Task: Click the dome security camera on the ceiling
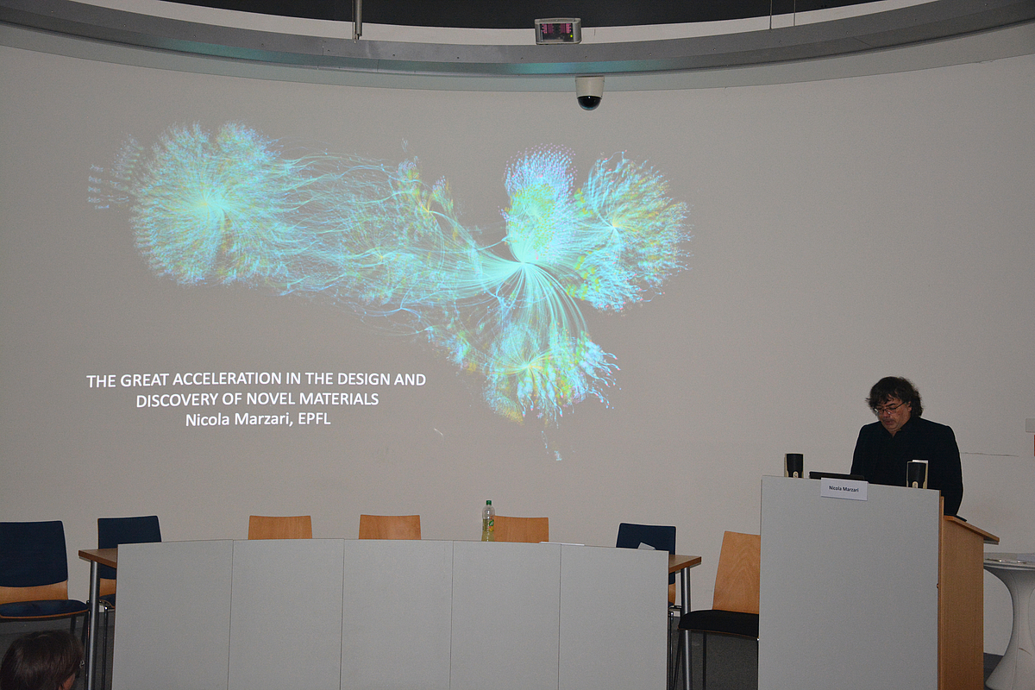590,92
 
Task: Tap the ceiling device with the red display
557,31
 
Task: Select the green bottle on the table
488,521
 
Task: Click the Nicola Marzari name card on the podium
844,489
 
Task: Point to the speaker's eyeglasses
889,407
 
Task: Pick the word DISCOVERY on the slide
173,400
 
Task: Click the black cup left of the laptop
793,465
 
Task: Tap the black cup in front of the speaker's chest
917,474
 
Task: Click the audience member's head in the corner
39,662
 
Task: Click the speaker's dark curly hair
894,389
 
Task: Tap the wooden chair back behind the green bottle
521,528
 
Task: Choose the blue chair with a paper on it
646,538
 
